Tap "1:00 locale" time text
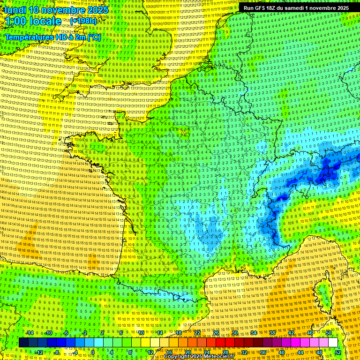[32, 21]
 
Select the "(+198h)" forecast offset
[83, 21]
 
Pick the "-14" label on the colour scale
[29, 333]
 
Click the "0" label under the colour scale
[93, 352]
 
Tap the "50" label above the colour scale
[328, 333]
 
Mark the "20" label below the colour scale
[187, 352]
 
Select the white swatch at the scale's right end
[332, 343]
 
